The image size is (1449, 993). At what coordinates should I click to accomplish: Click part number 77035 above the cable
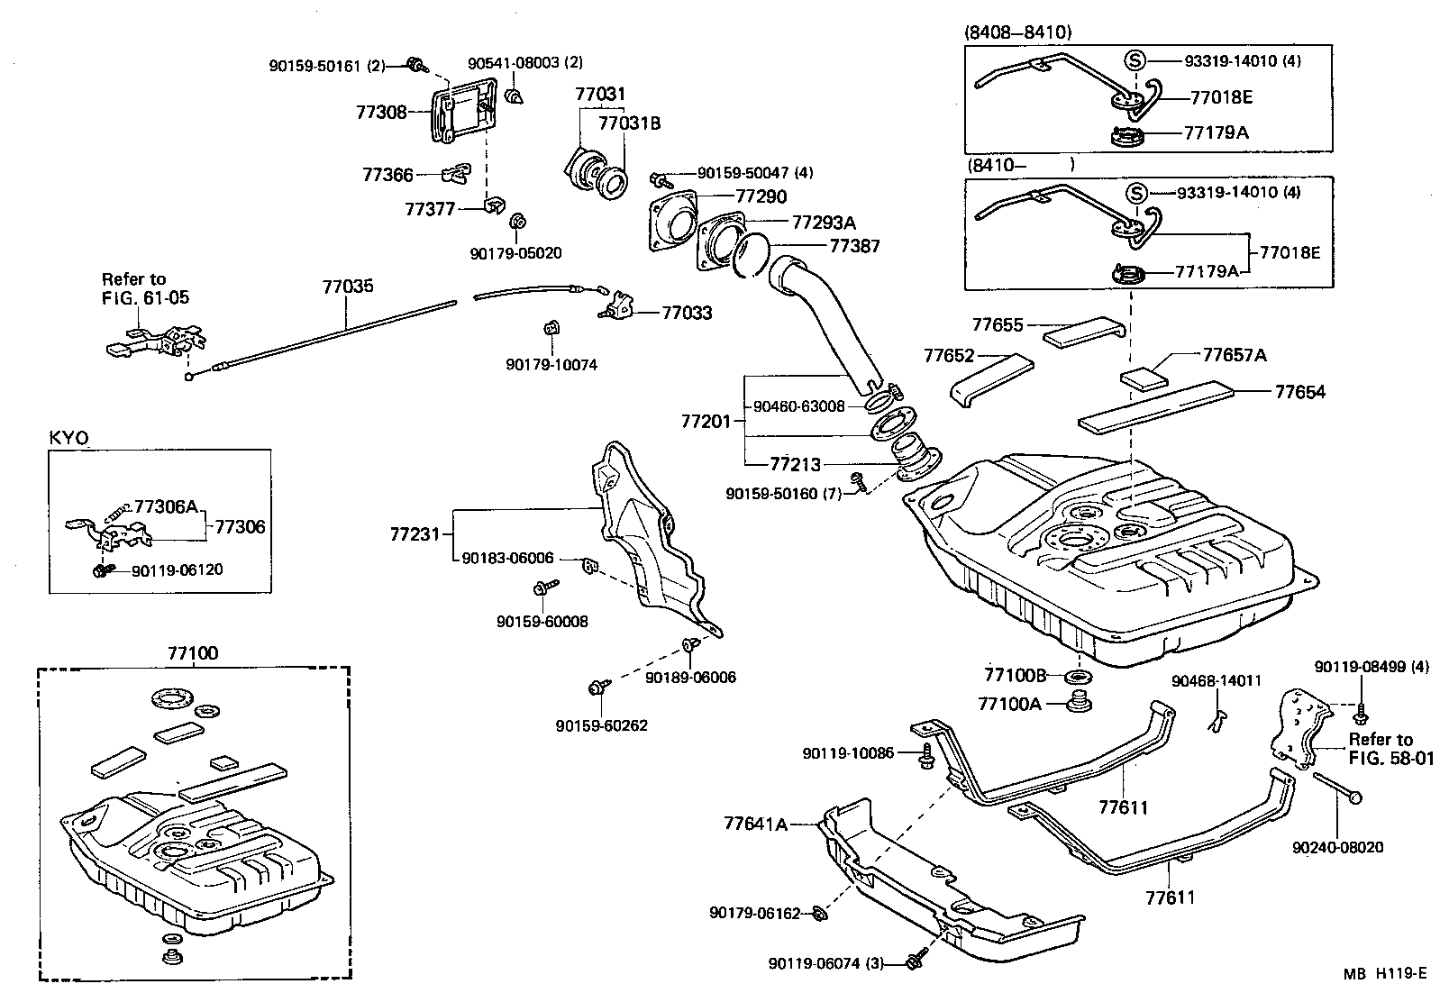coord(348,287)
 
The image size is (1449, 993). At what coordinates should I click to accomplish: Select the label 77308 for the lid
coord(380,113)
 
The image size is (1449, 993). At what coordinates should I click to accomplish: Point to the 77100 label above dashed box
coord(192,653)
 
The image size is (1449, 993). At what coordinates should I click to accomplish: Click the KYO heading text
coord(68,438)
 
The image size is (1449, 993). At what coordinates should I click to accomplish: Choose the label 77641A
coord(754,824)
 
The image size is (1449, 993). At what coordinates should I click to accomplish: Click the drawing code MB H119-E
coord(1385,973)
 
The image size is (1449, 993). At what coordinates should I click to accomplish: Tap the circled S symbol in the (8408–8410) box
coord(1135,60)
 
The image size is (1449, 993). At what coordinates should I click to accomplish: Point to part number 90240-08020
coord(1337,848)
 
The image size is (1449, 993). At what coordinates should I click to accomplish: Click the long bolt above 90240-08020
coord(1335,786)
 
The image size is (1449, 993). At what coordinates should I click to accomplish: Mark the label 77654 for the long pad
coord(1299,392)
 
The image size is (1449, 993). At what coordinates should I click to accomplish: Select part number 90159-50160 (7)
coord(783,494)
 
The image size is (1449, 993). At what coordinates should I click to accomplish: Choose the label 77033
coord(687,313)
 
